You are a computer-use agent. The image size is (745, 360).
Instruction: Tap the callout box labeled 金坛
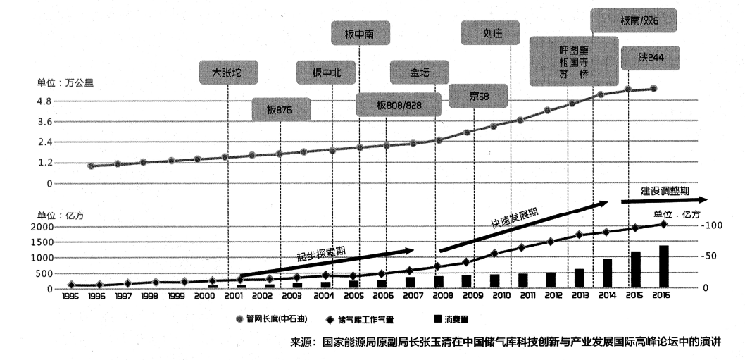(x=419, y=72)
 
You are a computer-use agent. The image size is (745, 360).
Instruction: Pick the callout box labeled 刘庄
(x=491, y=33)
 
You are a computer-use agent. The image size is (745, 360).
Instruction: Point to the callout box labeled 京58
(x=479, y=95)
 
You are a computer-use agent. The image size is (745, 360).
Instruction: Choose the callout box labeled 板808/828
(x=399, y=104)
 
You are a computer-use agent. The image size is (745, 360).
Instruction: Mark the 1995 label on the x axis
(x=70, y=296)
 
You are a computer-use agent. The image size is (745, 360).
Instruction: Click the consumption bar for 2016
(x=663, y=267)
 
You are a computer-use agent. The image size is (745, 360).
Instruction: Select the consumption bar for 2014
(x=607, y=274)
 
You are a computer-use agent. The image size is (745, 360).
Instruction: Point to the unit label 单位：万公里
(x=65, y=82)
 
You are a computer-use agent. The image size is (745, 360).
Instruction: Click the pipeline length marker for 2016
(x=654, y=89)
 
